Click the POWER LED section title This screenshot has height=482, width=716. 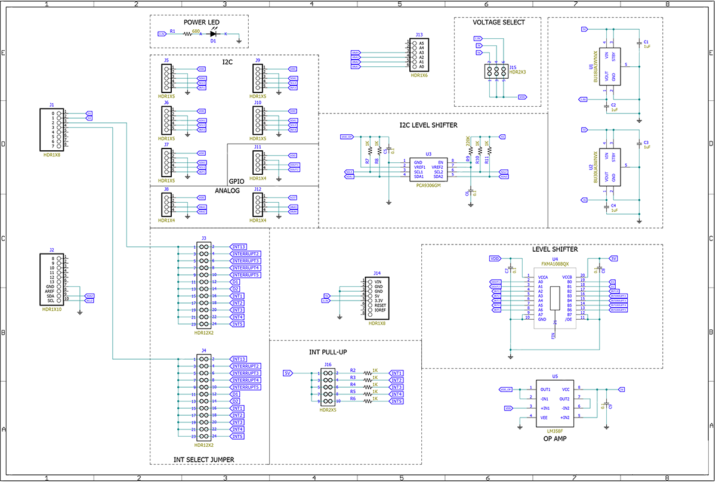pos(202,23)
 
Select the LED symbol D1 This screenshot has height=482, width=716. pos(212,34)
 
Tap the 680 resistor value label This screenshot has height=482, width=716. pos(196,30)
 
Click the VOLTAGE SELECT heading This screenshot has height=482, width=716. pos(499,23)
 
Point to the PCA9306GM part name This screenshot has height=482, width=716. pos(428,186)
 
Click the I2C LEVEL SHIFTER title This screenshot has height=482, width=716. pos(428,125)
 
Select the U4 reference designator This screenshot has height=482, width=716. pos(555,259)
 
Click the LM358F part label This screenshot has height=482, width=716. pos(555,430)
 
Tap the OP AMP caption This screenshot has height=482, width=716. pos(555,438)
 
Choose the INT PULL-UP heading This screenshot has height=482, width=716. pos(328,353)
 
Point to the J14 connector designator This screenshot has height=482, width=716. pos(376,273)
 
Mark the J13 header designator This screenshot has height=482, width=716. pos(419,35)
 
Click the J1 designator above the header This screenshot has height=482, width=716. pos(52,105)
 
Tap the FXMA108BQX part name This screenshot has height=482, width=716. pos(554,265)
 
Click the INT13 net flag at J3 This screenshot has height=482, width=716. pos(239,246)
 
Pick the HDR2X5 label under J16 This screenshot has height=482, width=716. pos(328,410)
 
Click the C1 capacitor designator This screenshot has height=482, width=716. pos(645,42)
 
